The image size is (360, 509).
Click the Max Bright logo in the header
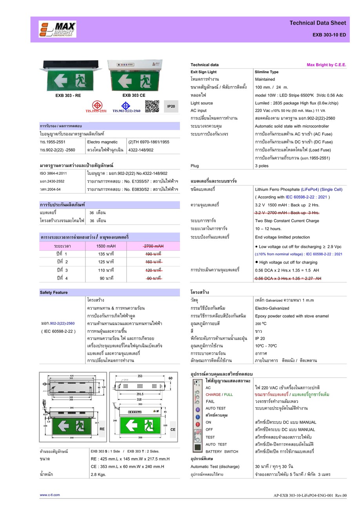[58, 29]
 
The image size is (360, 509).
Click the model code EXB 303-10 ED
[329, 35]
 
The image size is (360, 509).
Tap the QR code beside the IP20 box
[152, 106]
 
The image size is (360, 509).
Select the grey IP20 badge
[171, 106]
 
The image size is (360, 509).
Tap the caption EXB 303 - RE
[68, 95]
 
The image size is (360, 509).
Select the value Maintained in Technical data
[265, 79]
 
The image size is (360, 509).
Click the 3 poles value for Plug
[262, 166]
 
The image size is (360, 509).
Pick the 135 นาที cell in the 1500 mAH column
[106, 254]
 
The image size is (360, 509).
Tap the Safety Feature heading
[54, 292]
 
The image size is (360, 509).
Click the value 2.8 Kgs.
[98, 475]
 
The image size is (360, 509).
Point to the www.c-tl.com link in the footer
[50, 495]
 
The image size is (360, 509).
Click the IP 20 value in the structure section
[260, 338]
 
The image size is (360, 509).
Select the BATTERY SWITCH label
[222, 451]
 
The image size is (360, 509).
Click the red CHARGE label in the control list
[213, 395]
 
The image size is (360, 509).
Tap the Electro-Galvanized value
[272, 308]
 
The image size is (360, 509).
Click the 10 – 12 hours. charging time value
[268, 229]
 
